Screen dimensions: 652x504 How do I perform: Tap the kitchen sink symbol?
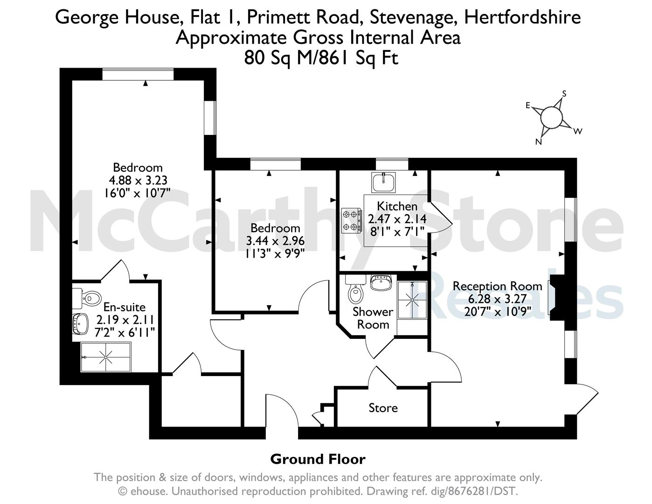pos(383,182)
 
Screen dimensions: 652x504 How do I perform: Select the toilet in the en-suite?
pos(87,298)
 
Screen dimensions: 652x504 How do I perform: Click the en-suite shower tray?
pos(105,357)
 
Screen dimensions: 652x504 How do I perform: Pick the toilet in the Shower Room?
pos(355,289)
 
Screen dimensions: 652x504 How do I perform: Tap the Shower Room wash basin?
pos(381,282)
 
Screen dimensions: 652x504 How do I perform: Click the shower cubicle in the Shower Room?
pos(412,300)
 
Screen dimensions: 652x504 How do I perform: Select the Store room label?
pos(383,408)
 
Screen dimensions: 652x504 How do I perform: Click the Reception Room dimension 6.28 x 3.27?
pos(498,299)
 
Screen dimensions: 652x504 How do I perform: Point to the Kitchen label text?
pos(397,206)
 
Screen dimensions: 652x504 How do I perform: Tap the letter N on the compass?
pos(539,142)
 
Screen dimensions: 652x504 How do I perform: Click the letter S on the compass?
pos(564,94)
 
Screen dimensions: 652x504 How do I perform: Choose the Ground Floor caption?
pos(318,459)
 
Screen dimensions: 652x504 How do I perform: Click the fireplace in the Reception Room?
pos(557,297)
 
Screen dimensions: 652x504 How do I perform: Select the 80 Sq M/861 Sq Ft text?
pos(321,58)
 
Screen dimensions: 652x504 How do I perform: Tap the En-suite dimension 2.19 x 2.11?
pos(125,320)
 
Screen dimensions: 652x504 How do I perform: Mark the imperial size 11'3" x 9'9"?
pos(275,254)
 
